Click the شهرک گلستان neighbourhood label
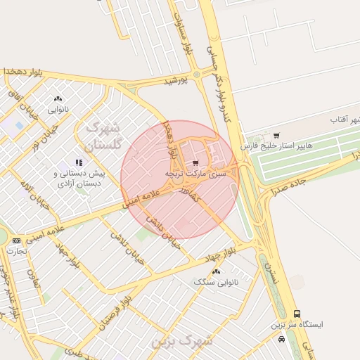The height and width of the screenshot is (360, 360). (103, 136)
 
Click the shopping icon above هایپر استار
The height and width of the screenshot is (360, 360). (276, 136)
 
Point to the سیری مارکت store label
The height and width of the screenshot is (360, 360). (196, 173)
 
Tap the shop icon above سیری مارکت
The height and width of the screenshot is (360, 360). (195, 162)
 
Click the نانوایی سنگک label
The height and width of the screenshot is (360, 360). (216, 281)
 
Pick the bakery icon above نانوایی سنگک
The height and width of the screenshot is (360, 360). (216, 271)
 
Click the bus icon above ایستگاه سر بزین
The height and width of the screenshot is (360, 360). (297, 314)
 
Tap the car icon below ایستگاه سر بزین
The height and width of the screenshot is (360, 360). (281, 339)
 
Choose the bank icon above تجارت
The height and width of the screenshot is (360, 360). (17, 240)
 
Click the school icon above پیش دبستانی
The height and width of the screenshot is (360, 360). (79, 162)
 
